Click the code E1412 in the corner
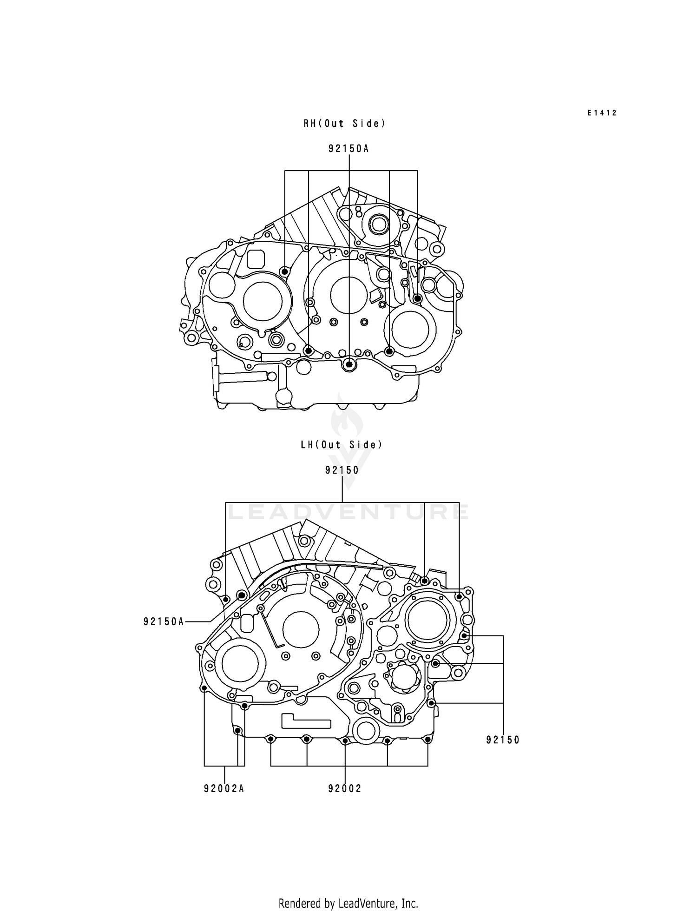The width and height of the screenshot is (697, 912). [x=602, y=113]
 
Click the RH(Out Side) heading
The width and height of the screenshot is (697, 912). [x=344, y=124]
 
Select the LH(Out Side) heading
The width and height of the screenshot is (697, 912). [x=342, y=445]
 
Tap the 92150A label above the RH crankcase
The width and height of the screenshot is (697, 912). [x=348, y=149]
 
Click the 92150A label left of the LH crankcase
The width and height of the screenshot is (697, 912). [x=164, y=621]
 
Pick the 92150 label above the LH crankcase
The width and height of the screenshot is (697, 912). [x=342, y=470]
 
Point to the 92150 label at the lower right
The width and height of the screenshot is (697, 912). [x=503, y=740]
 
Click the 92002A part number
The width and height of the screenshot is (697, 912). [x=224, y=789]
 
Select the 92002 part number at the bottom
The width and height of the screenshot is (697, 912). [x=344, y=789]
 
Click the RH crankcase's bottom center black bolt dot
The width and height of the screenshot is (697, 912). [x=349, y=365]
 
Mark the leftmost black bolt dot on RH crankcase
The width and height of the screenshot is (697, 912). [x=284, y=271]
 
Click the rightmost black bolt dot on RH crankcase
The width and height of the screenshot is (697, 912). [x=417, y=298]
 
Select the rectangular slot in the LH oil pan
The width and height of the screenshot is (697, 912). [x=305, y=721]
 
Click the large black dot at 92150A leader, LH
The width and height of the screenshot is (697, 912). [x=241, y=595]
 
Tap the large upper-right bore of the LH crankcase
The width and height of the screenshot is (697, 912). [x=427, y=622]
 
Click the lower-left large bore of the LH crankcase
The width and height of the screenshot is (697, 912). [x=240, y=664]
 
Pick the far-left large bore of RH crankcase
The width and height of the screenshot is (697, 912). [x=263, y=300]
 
